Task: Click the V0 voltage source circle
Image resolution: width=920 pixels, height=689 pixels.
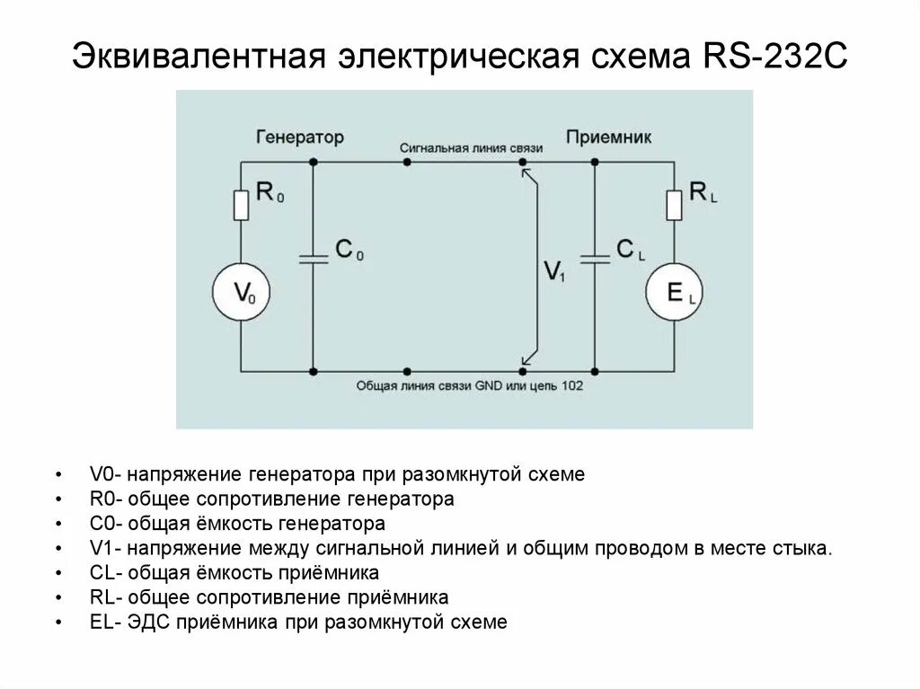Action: pyautogui.click(x=241, y=291)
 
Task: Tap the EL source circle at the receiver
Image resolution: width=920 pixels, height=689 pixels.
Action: pyautogui.click(x=675, y=291)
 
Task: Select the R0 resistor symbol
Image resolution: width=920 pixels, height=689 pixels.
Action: pyautogui.click(x=241, y=205)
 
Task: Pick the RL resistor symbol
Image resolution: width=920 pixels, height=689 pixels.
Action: pyautogui.click(x=675, y=205)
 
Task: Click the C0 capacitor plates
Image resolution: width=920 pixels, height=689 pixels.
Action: pyautogui.click(x=312, y=259)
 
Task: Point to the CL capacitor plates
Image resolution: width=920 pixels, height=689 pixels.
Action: pyautogui.click(x=595, y=259)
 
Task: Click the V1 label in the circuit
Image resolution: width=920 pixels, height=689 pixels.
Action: pyautogui.click(x=554, y=270)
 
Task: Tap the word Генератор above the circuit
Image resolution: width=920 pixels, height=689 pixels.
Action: pyautogui.click(x=300, y=137)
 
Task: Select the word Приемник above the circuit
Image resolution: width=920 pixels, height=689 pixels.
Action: pyautogui.click(x=608, y=137)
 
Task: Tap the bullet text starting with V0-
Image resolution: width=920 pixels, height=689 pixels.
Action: pyautogui.click(x=337, y=474)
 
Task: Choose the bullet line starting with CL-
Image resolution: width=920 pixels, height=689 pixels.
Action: pyautogui.click(x=234, y=572)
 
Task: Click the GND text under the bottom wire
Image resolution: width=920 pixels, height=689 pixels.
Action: pyautogui.click(x=483, y=385)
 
